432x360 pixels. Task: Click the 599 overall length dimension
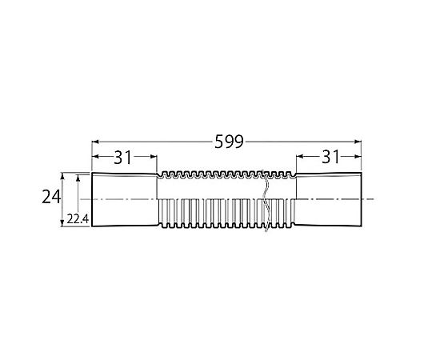[230, 142]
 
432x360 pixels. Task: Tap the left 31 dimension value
[123, 158]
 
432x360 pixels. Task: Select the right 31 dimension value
[331, 157]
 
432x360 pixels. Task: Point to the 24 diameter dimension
[51, 198]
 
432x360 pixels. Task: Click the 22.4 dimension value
[78, 219]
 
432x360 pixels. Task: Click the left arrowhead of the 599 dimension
[95, 142]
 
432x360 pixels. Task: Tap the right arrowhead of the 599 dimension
[358, 142]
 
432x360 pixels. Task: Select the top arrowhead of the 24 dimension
[62, 176]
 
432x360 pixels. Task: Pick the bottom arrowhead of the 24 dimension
[62, 223]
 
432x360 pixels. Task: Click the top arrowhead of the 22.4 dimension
[78, 178]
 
